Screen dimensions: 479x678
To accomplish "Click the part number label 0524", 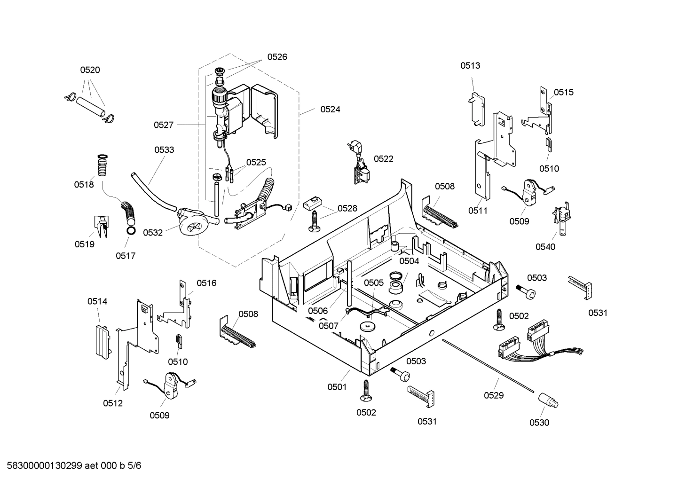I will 330,109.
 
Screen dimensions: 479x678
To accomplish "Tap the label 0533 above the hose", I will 164,150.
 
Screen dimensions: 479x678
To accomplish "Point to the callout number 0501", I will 337,387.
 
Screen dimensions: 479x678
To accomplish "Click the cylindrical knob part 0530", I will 548,400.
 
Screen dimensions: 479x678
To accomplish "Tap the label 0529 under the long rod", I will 494,395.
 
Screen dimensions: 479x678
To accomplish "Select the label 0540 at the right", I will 545,247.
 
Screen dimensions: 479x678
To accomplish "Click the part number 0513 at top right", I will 470,65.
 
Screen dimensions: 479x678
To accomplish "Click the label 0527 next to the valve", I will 164,125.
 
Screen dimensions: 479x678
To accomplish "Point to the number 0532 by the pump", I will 153,232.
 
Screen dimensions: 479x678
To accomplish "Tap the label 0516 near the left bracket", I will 206,283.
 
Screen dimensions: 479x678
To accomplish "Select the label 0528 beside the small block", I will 347,208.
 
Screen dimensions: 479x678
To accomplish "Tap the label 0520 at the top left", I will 90,70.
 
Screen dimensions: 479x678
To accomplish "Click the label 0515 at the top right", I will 563,92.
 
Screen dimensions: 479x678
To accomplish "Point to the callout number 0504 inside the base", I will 409,261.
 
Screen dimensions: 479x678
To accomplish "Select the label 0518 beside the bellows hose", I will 84,184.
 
